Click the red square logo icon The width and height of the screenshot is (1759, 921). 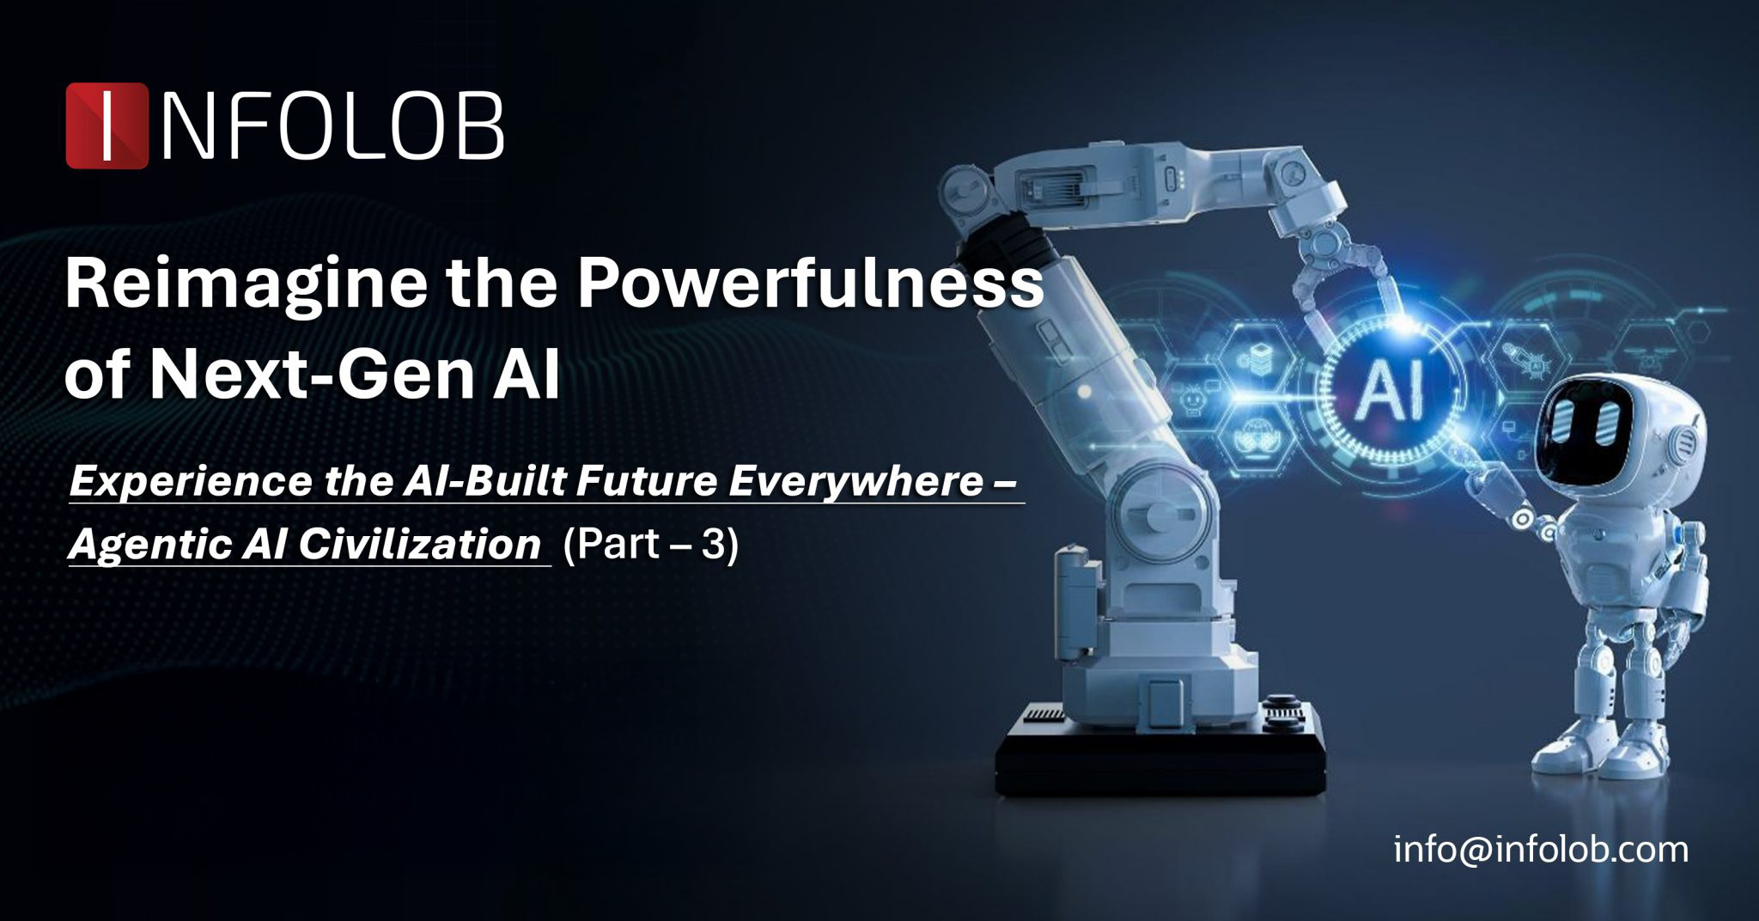click(x=107, y=125)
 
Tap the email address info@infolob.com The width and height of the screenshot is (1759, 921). click(x=1541, y=850)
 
